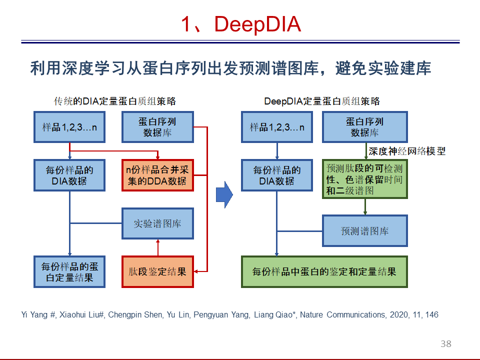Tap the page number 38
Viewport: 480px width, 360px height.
click(445, 344)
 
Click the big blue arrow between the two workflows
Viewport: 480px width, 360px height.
click(224, 194)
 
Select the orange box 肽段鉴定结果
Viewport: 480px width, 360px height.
click(157, 272)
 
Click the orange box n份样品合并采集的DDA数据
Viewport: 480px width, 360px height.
click(157, 175)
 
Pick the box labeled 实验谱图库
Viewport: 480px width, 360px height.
click(157, 223)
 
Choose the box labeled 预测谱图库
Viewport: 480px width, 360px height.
click(365, 231)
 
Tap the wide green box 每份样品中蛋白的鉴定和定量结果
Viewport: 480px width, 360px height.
click(324, 272)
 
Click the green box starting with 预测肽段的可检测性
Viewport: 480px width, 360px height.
click(365, 179)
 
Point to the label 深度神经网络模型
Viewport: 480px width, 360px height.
click(407, 151)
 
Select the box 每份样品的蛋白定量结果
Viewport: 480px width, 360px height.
click(69, 272)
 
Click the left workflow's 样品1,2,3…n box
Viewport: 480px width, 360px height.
click(69, 127)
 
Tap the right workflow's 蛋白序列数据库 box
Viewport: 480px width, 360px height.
click(365, 127)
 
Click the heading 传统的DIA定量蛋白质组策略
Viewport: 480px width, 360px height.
click(115, 101)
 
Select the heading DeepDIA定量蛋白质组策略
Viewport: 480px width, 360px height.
click(321, 101)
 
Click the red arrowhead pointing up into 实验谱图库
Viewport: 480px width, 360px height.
click(158, 241)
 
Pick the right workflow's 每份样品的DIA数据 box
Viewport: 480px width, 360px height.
click(277, 175)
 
